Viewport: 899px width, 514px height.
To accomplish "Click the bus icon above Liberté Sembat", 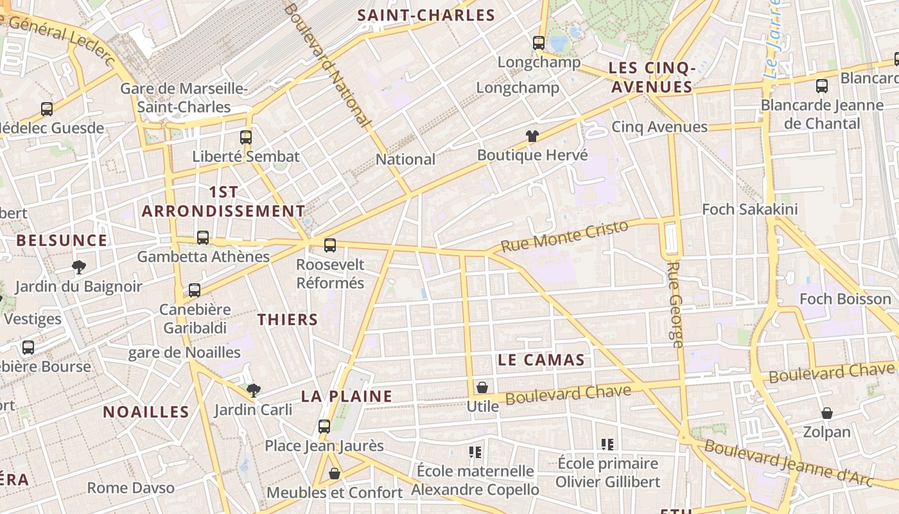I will (246, 137).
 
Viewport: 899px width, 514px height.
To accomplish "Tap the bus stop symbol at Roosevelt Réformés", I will (330, 245).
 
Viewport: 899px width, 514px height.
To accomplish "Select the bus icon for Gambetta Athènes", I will (203, 238).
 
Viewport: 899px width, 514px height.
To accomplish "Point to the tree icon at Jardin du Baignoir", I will (79, 267).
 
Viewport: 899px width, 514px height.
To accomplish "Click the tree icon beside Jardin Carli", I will (254, 389).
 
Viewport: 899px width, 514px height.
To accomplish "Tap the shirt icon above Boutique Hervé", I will (532, 136).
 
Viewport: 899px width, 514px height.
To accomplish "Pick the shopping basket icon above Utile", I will (482, 387).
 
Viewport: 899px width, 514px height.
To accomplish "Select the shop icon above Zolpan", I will (827, 412).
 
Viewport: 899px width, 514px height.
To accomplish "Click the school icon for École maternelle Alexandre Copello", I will (475, 452).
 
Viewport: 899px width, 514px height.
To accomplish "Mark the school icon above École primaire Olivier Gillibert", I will (607, 444).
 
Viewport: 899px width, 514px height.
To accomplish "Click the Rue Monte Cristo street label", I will (564, 236).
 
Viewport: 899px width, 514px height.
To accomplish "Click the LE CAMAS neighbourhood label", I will (541, 360).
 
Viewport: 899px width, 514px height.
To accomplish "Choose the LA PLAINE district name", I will (347, 396).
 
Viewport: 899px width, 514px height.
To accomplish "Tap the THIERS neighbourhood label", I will (288, 319).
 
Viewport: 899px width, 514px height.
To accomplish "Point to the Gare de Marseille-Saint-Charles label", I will (184, 98).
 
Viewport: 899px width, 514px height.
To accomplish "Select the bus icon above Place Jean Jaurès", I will (324, 426).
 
